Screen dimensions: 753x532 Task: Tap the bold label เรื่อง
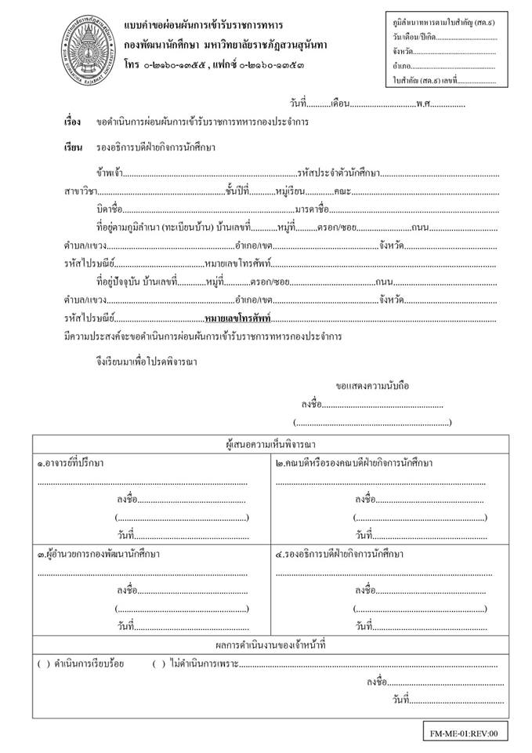tap(73, 123)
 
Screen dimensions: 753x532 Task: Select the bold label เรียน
tap(73, 147)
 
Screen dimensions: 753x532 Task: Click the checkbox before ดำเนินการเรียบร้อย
tap(42, 664)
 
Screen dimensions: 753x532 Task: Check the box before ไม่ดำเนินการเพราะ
tap(159, 664)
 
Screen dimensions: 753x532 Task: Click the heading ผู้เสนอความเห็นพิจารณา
tap(266, 444)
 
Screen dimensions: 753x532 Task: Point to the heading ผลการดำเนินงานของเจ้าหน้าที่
tap(266, 644)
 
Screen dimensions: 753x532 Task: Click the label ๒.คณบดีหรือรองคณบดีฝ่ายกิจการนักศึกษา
tap(354, 463)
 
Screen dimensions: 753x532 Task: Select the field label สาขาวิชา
tap(81, 191)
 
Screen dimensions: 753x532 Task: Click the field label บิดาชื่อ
tap(109, 209)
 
